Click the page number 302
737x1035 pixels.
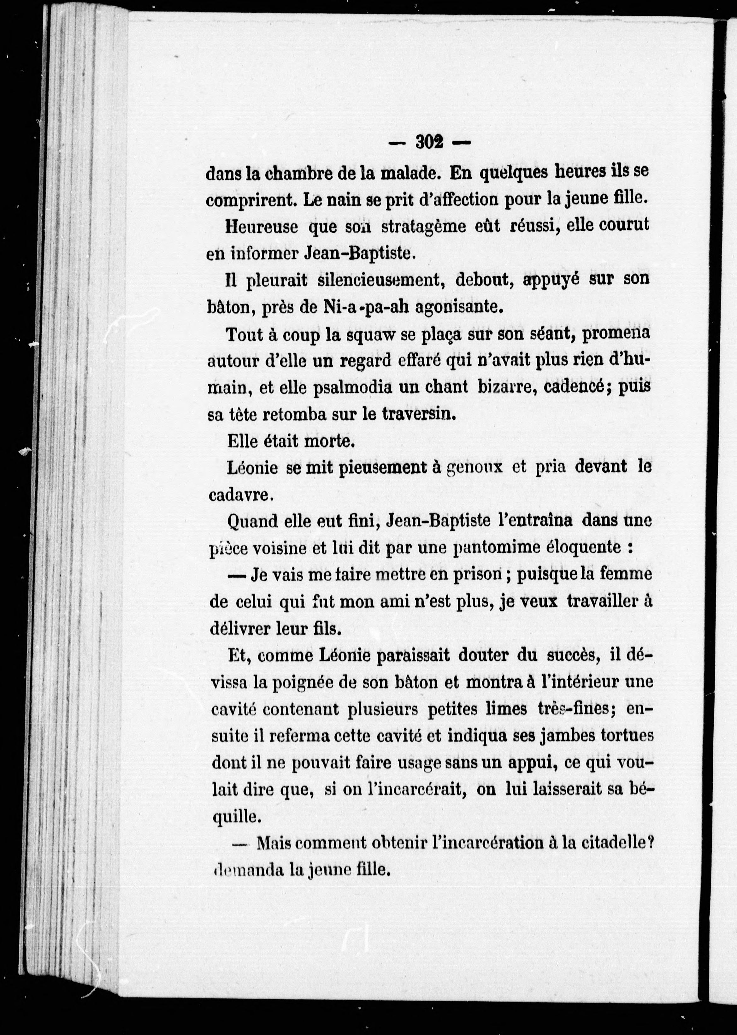click(429, 143)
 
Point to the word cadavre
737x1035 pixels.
click(239, 495)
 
